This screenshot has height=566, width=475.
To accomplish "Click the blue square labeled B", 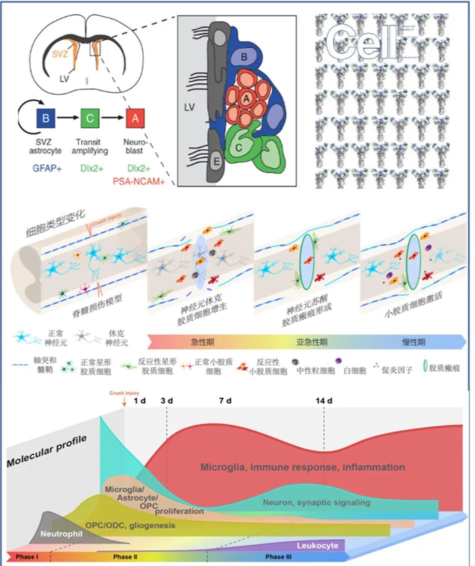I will tap(46, 119).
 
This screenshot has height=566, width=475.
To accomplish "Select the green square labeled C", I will tap(90, 119).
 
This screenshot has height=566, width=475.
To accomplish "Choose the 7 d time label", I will tap(225, 401).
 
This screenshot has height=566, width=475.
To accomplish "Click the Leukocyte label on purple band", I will tap(318, 545).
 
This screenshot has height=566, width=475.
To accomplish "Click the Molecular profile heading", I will tap(46, 451).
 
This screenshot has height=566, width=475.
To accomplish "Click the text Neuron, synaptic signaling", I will tap(316, 502).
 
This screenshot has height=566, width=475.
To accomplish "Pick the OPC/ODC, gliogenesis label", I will tap(130, 525).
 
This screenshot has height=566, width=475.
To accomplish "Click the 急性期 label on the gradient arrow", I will tap(202, 342).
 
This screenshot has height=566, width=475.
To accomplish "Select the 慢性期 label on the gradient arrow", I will tap(414, 342).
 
